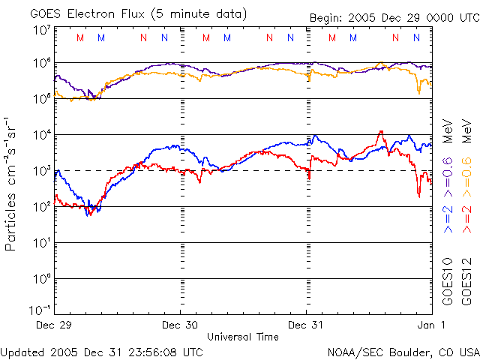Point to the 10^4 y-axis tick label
click(41, 135)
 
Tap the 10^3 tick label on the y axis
click(41, 171)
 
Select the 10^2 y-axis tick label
click(41, 207)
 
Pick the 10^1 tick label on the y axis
click(41, 243)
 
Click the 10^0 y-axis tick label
click(41, 279)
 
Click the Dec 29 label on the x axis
click(54, 325)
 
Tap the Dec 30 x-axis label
click(180, 325)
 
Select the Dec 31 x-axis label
click(307, 325)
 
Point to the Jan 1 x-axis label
click(433, 325)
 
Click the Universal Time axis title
click(243, 337)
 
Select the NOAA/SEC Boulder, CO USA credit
click(403, 351)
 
